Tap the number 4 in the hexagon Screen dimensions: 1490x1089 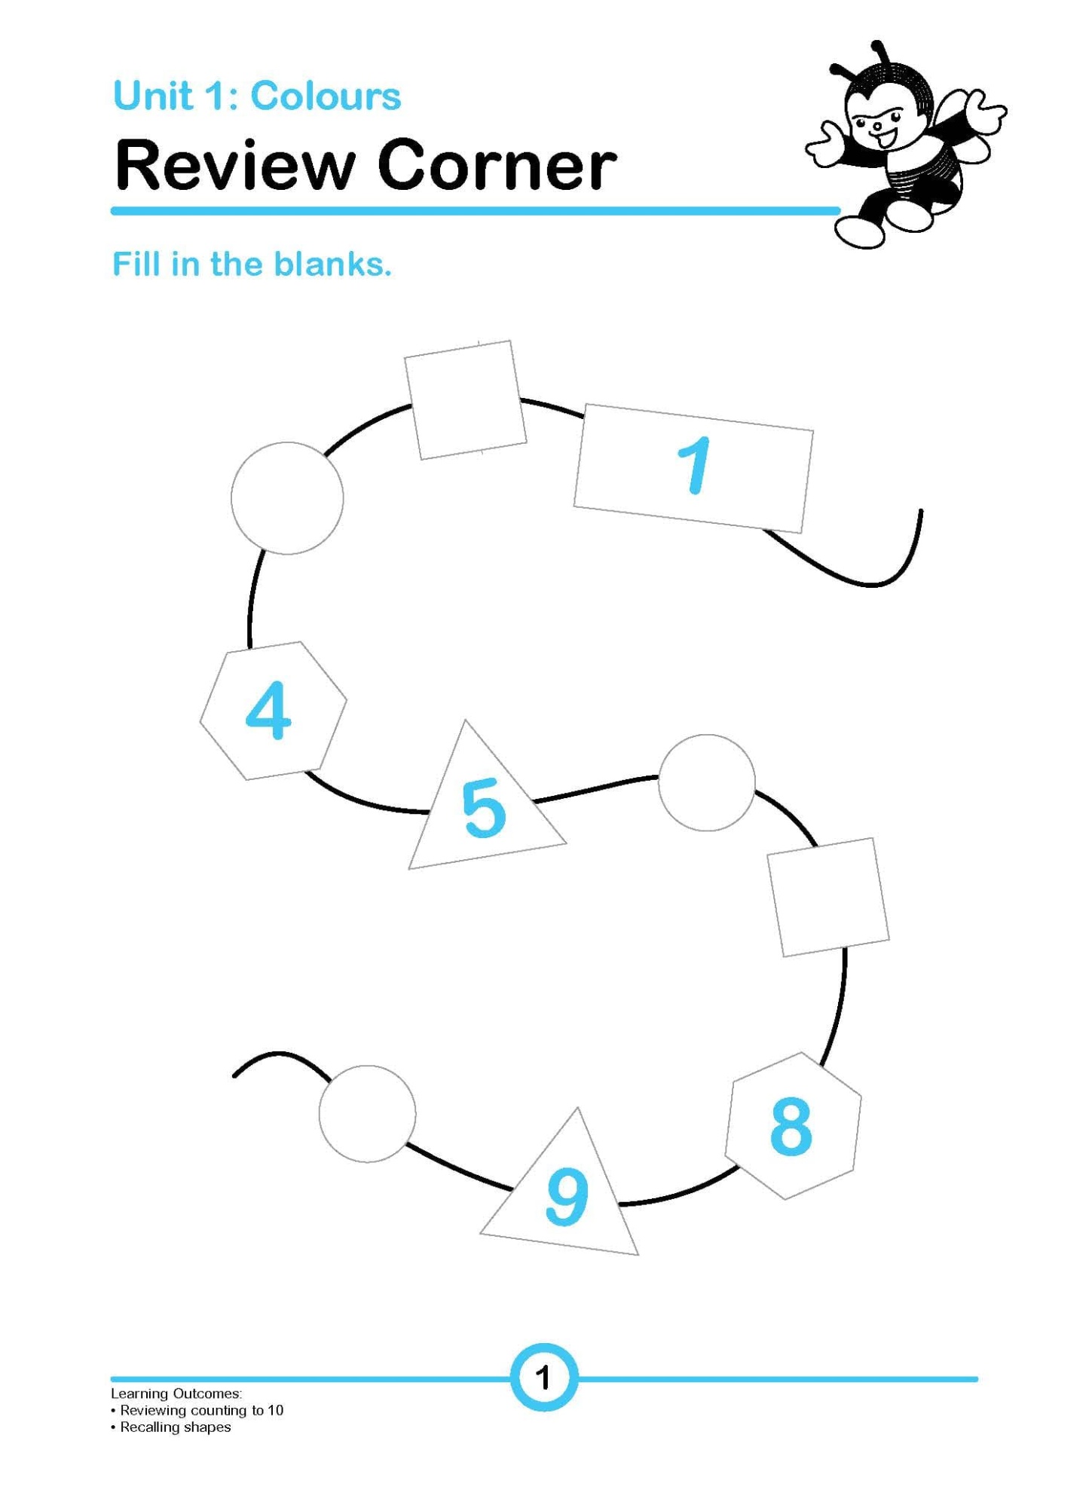pyautogui.click(x=268, y=711)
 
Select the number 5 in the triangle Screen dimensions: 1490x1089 pyautogui.click(x=483, y=809)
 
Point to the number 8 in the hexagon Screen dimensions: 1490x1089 pyautogui.click(x=791, y=1127)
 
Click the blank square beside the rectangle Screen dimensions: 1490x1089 pyautogui.click(x=465, y=400)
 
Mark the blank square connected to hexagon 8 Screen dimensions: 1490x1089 pyautogui.click(x=828, y=897)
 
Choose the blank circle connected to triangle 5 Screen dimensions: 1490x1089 pyautogui.click(x=707, y=783)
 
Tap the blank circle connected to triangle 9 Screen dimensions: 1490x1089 pyautogui.click(x=367, y=1114)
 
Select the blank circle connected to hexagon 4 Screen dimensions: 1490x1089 pyautogui.click(x=287, y=498)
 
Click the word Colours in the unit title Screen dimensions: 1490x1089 pyautogui.click(x=326, y=96)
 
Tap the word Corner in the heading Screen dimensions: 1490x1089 pyautogui.click(x=497, y=165)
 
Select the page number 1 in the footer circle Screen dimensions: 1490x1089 pyautogui.click(x=543, y=1377)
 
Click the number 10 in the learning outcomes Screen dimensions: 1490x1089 pyautogui.click(x=274, y=1410)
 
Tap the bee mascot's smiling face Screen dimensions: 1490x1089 pyautogui.click(x=877, y=124)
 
